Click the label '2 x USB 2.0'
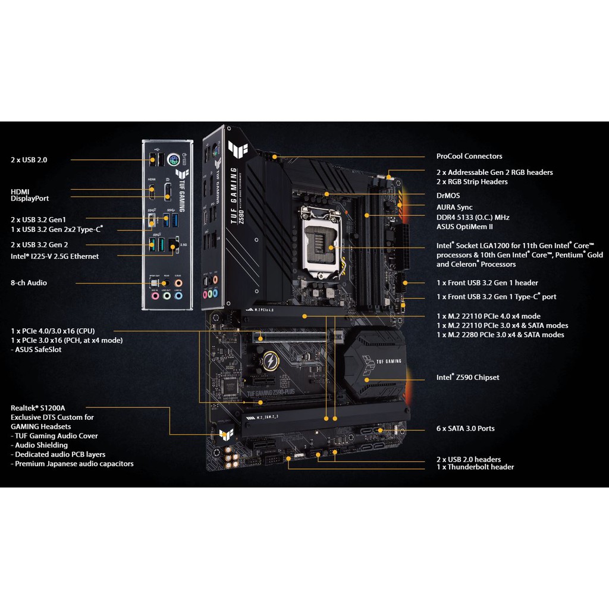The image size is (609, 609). click(x=29, y=160)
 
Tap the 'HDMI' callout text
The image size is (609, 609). click(x=20, y=191)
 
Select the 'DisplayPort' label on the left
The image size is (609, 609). click(x=30, y=199)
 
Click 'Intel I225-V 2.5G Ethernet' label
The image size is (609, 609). click(x=55, y=256)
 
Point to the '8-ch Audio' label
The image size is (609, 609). click(x=29, y=283)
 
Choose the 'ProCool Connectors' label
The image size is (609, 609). click(x=469, y=156)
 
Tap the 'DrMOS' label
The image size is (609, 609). click(x=448, y=196)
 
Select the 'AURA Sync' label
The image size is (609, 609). click(x=454, y=208)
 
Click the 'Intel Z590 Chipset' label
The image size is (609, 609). click(x=467, y=378)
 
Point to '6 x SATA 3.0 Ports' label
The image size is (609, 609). click(x=465, y=429)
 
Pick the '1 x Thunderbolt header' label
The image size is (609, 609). click(x=475, y=467)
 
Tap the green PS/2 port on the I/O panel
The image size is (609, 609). click(x=174, y=160)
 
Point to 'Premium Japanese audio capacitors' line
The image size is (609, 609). click(x=74, y=464)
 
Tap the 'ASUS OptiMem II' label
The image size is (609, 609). click(x=464, y=227)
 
